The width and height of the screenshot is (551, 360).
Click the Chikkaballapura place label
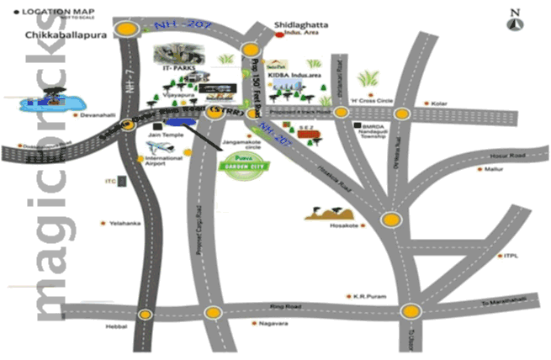point(61,34)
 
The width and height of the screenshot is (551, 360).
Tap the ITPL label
point(512,256)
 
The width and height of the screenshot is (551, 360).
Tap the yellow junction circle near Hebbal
point(146,314)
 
